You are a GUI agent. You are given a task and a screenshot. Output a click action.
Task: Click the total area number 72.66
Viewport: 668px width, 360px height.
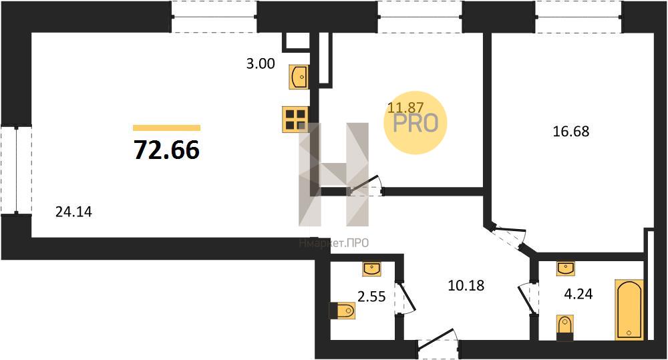pos(166,150)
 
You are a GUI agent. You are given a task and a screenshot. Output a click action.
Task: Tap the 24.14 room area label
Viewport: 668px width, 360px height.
pos(73,212)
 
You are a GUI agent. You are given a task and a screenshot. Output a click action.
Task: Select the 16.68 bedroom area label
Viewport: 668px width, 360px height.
pos(570,132)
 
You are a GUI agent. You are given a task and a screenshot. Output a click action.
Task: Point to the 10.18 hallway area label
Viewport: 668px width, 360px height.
pos(466,286)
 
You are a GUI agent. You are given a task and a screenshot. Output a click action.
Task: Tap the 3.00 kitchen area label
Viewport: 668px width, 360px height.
pos(261,64)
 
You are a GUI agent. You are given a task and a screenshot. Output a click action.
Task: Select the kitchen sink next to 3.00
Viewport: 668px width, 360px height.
pos(299,77)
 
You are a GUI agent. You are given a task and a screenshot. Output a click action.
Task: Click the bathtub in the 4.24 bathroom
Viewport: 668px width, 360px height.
pos(629,310)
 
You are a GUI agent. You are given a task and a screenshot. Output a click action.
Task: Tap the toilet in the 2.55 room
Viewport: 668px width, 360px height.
pos(343,311)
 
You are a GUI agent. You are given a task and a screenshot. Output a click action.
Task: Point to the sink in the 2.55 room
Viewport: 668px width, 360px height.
pos(371,268)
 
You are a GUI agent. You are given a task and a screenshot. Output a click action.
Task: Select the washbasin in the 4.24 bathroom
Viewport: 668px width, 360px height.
pos(566,268)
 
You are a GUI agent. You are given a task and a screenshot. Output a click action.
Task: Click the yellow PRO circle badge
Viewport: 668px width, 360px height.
pos(415,122)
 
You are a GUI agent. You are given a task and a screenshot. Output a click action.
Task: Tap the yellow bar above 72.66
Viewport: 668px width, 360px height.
pos(166,128)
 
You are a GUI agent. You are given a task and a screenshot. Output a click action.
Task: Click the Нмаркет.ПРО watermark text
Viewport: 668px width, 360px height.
pos(334,244)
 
